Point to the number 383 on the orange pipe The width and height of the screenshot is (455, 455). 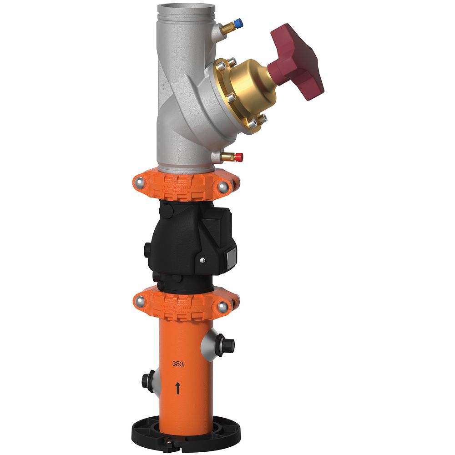[178, 364]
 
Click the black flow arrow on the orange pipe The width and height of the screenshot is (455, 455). [178, 388]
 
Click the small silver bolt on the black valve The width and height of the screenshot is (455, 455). [202, 260]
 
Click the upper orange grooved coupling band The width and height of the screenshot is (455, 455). [182, 187]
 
